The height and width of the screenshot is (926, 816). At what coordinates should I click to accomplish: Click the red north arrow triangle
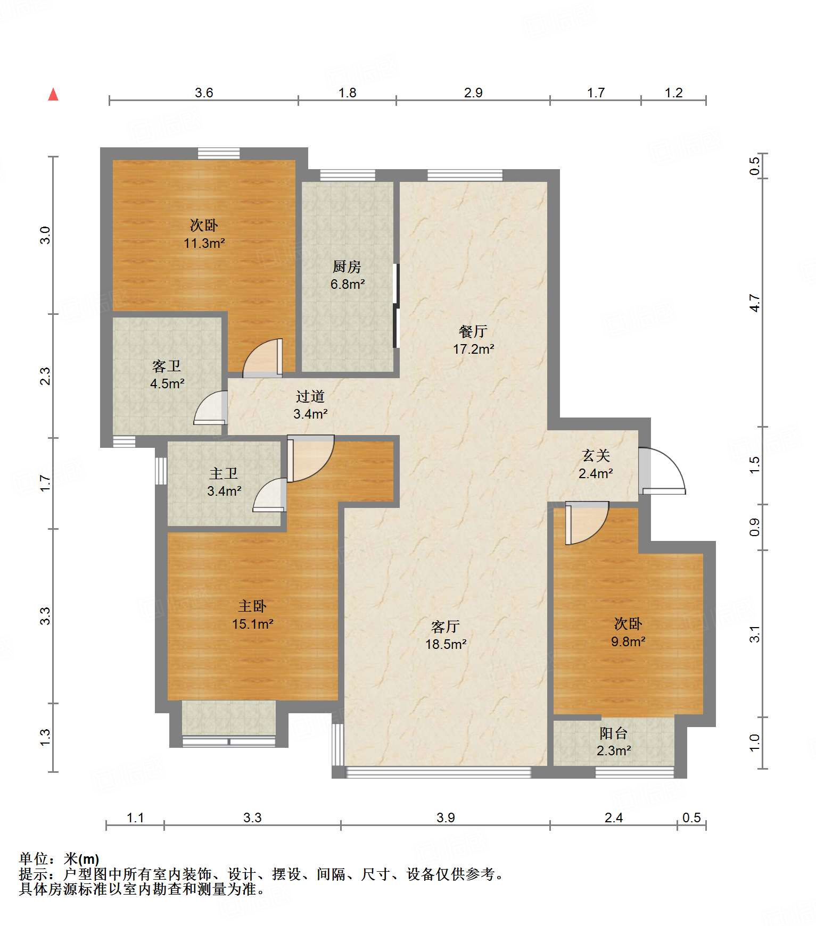click(53, 95)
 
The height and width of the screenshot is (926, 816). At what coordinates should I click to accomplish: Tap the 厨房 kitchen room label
click(347, 266)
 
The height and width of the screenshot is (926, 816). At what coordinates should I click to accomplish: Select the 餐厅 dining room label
click(473, 331)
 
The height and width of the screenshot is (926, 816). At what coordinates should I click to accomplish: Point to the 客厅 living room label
click(446, 627)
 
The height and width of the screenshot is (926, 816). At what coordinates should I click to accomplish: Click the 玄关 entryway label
click(596, 455)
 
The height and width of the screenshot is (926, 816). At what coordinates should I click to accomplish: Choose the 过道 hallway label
click(310, 396)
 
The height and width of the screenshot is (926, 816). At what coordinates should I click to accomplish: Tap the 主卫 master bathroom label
click(224, 473)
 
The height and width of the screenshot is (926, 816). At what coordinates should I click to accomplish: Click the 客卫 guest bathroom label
click(167, 366)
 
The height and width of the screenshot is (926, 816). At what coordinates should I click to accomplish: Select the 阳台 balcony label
click(613, 733)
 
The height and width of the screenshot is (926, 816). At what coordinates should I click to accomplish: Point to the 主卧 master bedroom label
click(252, 606)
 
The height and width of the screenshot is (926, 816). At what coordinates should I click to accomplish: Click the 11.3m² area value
click(204, 243)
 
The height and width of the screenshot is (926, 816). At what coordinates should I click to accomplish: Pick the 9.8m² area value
click(628, 641)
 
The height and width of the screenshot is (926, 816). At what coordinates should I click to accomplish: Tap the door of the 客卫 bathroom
click(210, 408)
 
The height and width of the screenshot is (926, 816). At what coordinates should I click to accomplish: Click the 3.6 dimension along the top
click(204, 93)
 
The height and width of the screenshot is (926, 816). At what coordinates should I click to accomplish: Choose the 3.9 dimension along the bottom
click(446, 817)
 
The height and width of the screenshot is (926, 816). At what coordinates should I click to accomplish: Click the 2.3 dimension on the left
click(46, 376)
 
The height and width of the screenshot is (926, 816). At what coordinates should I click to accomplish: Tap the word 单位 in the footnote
click(34, 858)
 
